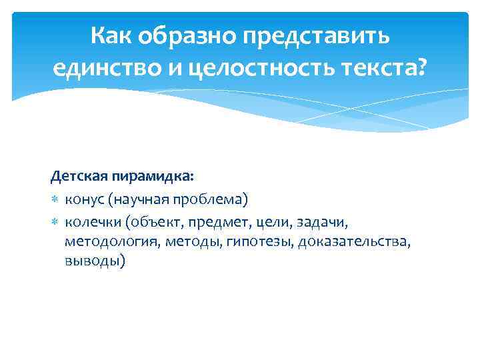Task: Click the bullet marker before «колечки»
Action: [55, 221]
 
